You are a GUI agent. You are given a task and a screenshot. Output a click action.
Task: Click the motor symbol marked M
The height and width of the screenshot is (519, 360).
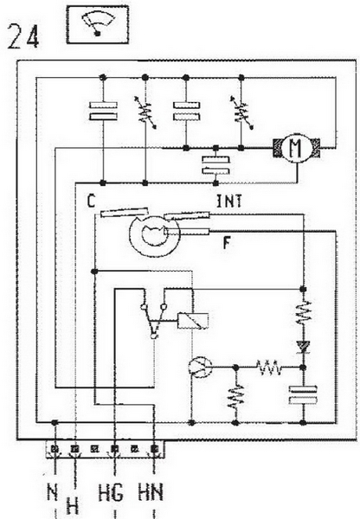(297, 148)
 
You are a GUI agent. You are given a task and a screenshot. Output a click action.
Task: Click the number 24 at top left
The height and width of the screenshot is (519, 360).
(23, 37)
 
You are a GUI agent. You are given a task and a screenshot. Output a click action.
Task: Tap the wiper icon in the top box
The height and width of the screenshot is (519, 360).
(98, 24)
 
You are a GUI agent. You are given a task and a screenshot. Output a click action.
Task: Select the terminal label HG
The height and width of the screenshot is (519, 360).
(111, 493)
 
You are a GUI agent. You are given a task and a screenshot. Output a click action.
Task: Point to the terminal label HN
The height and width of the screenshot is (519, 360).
(151, 492)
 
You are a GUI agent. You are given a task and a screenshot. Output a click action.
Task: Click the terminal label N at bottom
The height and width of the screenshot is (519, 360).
(53, 492)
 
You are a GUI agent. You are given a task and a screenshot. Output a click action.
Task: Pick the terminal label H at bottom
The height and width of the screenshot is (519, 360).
(73, 505)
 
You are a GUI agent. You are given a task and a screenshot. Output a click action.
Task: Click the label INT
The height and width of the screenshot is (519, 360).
(229, 202)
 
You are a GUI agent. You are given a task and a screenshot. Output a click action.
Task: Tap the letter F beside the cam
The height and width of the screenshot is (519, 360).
(227, 243)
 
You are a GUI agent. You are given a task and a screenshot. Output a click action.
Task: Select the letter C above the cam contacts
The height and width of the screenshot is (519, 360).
(91, 201)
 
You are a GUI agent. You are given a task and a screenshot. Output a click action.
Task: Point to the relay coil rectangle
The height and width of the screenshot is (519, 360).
(193, 320)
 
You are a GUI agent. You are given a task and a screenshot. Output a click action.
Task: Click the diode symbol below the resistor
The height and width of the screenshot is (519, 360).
(303, 347)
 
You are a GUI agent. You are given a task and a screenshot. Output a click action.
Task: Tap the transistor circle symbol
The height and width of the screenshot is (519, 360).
(201, 367)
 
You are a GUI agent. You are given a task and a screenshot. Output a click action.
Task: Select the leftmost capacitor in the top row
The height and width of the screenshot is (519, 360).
(103, 111)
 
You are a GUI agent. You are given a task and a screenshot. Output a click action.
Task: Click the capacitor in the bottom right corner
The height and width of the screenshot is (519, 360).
(303, 395)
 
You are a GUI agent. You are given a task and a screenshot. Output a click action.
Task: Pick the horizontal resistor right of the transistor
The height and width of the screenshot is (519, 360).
(269, 368)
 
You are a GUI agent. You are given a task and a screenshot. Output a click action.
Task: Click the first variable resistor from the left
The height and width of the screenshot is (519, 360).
(145, 112)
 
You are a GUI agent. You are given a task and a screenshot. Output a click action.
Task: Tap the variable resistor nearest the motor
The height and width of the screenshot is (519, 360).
(241, 112)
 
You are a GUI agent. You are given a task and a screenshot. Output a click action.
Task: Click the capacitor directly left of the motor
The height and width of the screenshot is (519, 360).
(216, 165)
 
